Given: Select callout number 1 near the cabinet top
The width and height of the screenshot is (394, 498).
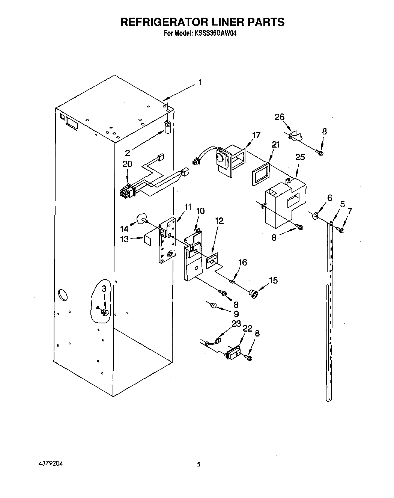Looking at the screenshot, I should coord(200,82).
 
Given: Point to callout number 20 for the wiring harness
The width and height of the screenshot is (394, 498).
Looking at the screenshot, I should coord(128,164).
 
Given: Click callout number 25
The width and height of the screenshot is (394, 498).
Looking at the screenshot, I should coord(300,157).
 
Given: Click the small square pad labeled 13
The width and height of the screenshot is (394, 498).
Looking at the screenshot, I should coord(147,240).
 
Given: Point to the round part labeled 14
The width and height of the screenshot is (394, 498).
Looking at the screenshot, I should coord(141,219).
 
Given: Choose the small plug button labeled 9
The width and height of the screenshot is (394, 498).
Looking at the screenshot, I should coord(214,305).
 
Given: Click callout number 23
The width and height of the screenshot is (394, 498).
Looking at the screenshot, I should coord(236,323).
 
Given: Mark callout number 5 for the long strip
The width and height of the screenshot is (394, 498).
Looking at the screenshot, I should coord(342,204).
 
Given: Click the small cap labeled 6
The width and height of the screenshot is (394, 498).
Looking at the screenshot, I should coord(315,215).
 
